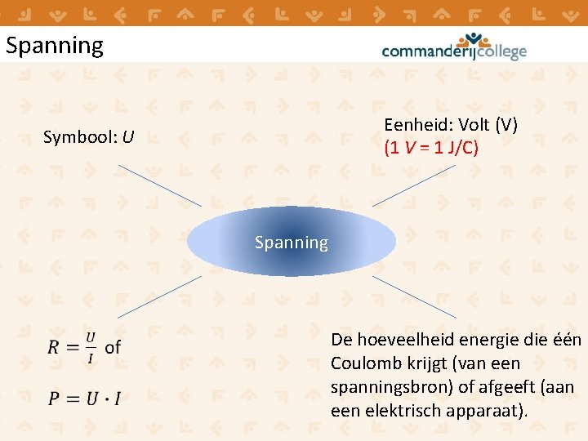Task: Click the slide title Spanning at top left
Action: tap(55, 46)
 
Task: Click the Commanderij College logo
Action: tap(454, 47)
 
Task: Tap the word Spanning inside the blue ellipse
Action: tap(291, 243)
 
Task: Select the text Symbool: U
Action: tap(89, 136)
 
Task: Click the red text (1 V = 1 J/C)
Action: tap(431, 148)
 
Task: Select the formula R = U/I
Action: tap(72, 347)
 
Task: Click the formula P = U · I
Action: tap(84, 399)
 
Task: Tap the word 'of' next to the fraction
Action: tap(113, 347)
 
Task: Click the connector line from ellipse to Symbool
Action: tap(159, 185)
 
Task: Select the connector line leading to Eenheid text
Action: tap(414, 185)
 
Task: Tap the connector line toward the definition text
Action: tap(415, 296)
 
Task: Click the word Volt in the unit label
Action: tap(474, 125)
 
